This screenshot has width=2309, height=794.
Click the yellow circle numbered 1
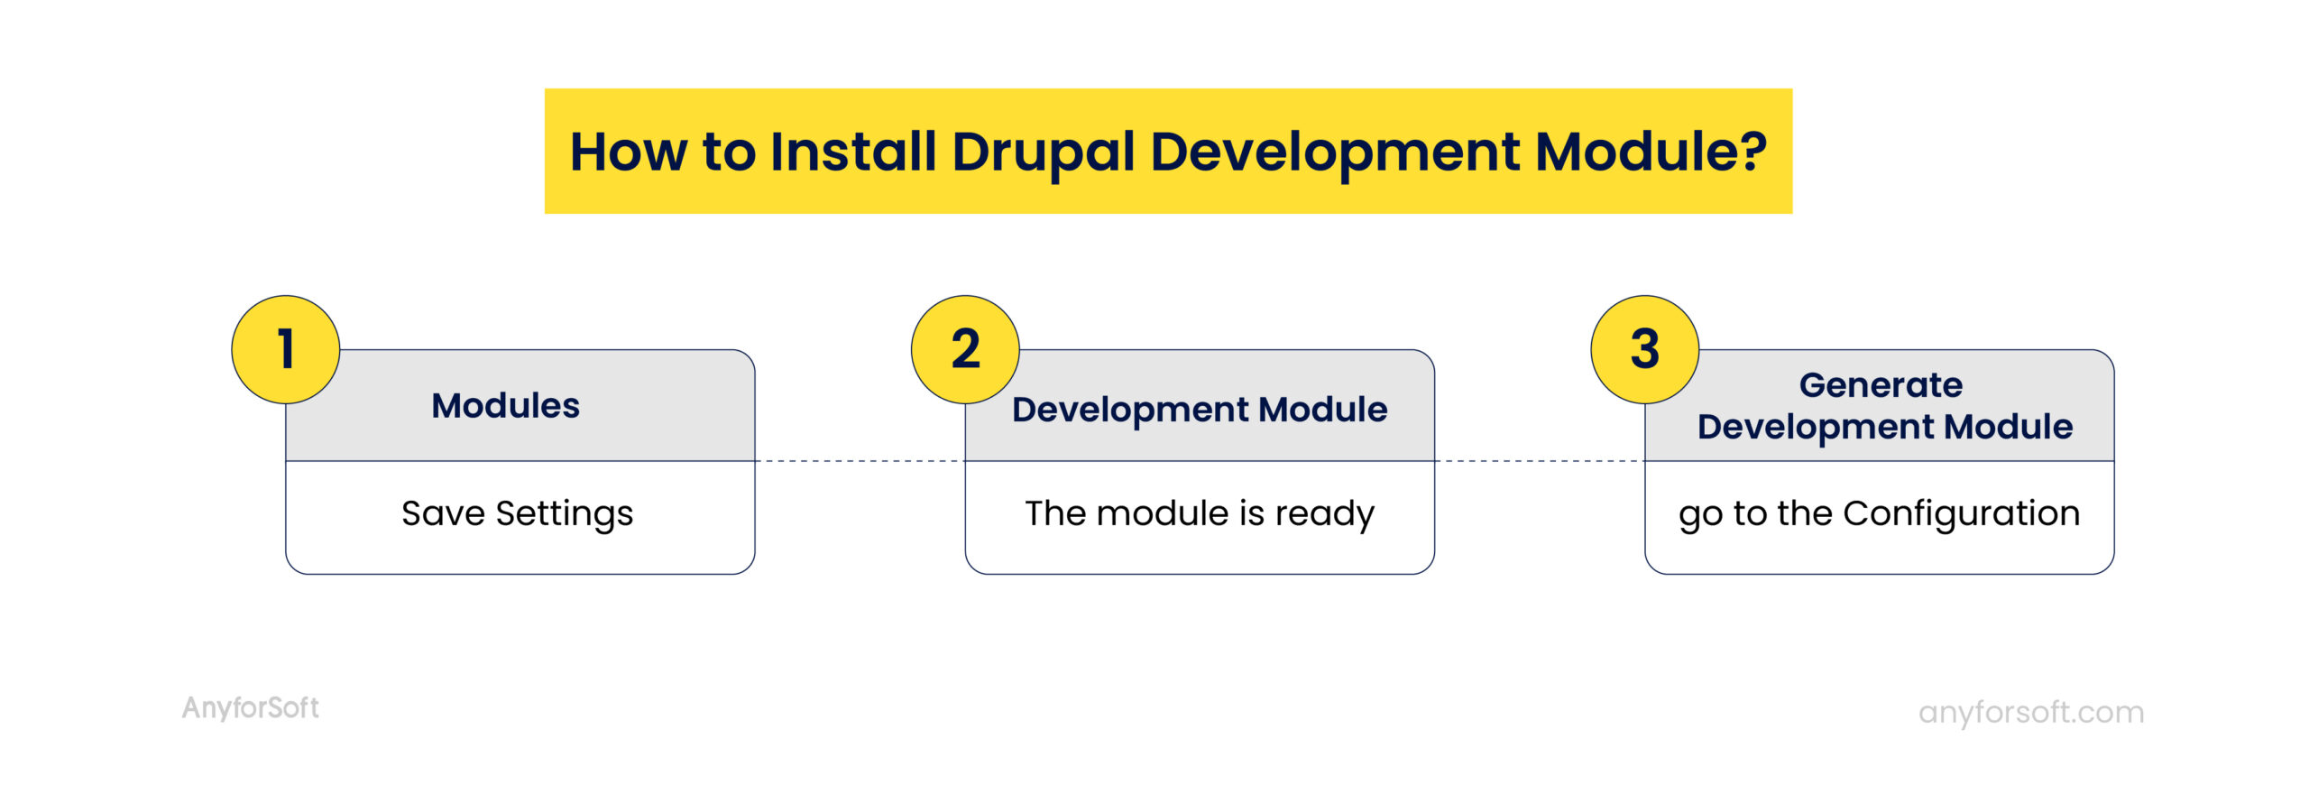coord(286,349)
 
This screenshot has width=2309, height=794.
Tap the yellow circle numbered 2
coord(965,349)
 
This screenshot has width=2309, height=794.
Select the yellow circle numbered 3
coord(1644,349)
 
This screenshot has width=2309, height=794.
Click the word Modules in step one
coord(505,406)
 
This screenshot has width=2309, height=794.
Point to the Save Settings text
coord(517,513)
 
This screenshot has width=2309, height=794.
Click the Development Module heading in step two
coord(1199,410)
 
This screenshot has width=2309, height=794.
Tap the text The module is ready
coord(1199,513)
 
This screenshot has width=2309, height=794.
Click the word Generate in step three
coord(1881,385)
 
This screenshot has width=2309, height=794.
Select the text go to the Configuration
coord(1879,513)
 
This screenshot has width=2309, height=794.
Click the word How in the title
coord(629,152)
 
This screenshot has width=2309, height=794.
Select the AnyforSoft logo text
coord(251,707)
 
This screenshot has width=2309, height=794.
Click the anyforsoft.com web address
coord(2030,712)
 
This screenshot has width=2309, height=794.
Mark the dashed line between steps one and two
coord(860,461)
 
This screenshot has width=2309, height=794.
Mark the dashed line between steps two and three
coord(1539,461)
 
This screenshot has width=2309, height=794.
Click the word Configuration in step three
coord(1961,513)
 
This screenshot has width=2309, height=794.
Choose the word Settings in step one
coord(565,514)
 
